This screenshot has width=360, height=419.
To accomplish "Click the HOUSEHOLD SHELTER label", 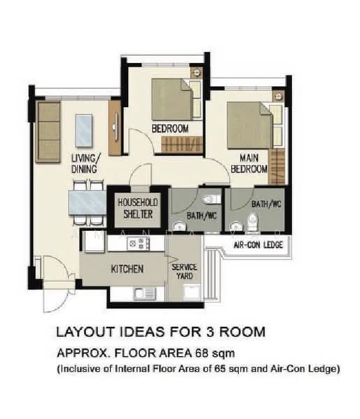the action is pos(138,208).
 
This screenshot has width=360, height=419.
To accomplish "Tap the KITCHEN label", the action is pos(127,269).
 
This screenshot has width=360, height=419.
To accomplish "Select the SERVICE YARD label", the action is pos(185,271).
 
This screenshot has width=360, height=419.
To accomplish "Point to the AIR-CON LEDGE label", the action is pos(258,245).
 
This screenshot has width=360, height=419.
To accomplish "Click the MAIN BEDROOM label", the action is pos(249,163).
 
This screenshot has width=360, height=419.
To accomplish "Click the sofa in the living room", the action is pos(48,132).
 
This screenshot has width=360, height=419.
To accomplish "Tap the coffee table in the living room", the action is pos(84,131).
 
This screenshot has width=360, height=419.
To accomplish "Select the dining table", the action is pos(87,203).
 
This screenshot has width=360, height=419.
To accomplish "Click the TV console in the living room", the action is pos(115,128).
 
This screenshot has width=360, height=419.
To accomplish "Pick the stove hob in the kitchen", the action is pos(138,244).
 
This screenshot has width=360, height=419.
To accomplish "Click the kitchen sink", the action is pos(145,294).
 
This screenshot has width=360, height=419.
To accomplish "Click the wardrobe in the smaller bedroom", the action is pos(182,145).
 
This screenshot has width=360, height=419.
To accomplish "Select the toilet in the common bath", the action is pos(212,199).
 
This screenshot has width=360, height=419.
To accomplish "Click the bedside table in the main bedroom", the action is pos(278,96).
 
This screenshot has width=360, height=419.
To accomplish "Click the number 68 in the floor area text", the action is pos(201,353).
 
